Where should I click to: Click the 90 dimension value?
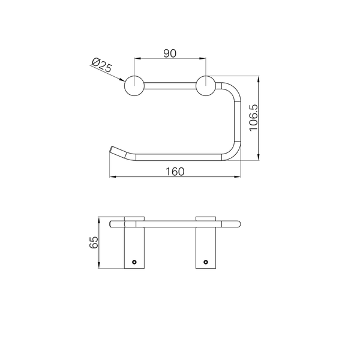click(170, 53)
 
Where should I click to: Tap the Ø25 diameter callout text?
click(102, 65)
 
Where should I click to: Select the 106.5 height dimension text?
click(254, 118)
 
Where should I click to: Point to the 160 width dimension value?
click(175, 172)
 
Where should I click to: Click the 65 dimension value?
click(94, 242)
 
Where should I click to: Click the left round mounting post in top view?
click(134, 86)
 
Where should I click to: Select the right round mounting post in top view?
click(206, 86)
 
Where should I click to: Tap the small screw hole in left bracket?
click(134, 262)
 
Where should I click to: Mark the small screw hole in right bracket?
click(206, 262)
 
